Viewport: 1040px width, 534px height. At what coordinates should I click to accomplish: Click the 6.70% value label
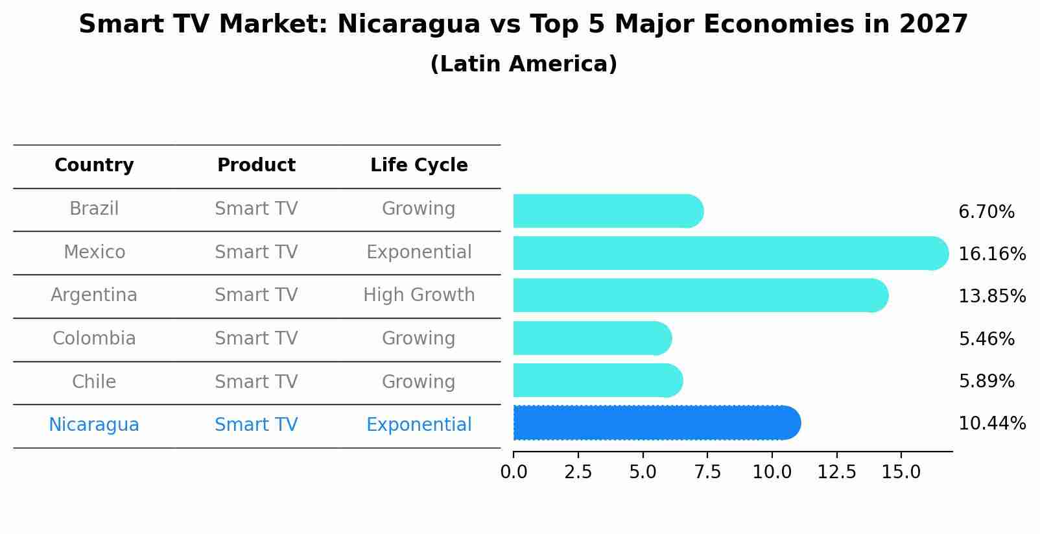pos(986,212)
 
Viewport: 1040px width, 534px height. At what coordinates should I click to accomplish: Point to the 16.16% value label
pos(992,254)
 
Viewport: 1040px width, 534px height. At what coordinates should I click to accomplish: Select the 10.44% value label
pos(992,424)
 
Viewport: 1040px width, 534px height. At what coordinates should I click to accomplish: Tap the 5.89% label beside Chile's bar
pos(986,382)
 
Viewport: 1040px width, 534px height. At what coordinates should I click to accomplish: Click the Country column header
pos(94,165)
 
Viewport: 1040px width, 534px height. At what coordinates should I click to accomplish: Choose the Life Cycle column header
pos(419,165)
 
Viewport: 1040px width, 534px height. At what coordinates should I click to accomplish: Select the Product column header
pos(256,165)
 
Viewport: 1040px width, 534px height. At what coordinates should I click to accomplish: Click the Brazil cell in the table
pos(94,209)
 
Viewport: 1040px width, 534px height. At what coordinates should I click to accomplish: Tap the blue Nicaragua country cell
pos(94,425)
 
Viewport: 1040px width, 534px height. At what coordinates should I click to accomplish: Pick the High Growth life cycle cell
pos(419,295)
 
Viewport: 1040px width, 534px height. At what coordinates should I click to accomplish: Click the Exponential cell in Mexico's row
pos(419,252)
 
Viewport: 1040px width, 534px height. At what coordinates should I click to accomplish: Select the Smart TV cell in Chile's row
pos(256,382)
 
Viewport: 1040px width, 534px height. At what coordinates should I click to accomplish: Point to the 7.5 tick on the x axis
pos(707,472)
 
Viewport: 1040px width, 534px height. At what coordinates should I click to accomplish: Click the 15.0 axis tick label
pos(901,472)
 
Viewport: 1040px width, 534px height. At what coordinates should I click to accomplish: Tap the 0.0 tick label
pos(514,472)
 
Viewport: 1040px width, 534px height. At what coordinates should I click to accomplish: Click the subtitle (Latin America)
pos(523,64)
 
